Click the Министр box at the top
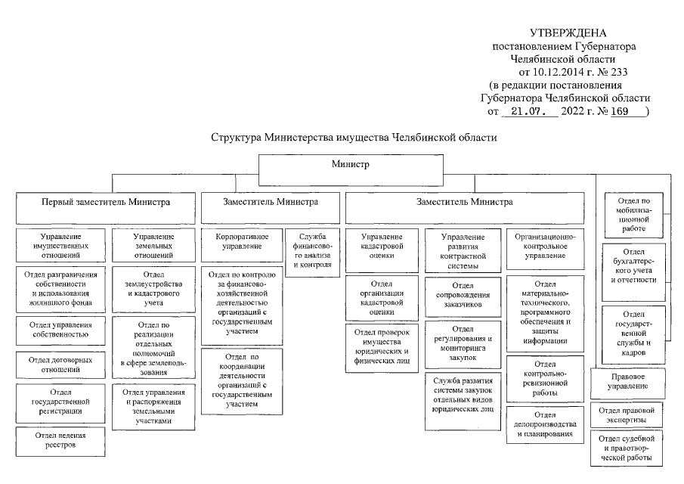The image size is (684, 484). coord(349,164)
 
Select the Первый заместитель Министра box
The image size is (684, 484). coord(106,203)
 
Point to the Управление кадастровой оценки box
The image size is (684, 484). coord(382,245)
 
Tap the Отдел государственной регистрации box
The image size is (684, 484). coord(60,402)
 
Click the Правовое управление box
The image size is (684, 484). coord(628,381)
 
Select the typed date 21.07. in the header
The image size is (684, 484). coord(531,110)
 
